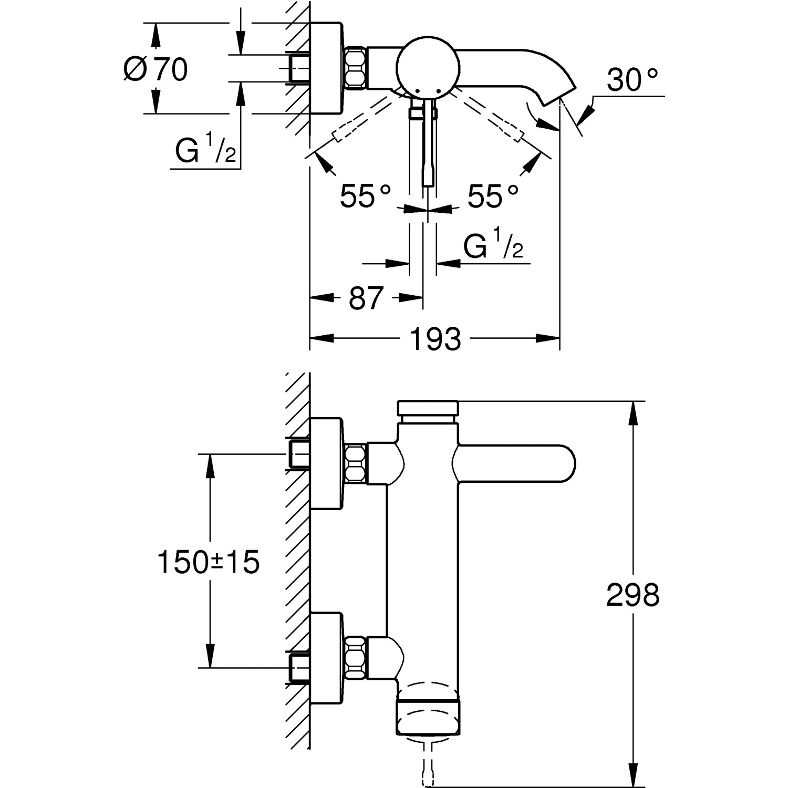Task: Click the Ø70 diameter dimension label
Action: (x=156, y=69)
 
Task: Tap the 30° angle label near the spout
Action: (x=632, y=80)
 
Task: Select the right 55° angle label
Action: (x=493, y=196)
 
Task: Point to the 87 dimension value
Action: (x=366, y=298)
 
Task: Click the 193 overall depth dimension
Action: (x=435, y=339)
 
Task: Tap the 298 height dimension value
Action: (x=633, y=595)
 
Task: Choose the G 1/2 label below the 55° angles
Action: (x=493, y=247)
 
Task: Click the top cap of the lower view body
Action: (x=429, y=409)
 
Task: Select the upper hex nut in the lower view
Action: (x=355, y=463)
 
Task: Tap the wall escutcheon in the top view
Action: (x=326, y=68)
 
